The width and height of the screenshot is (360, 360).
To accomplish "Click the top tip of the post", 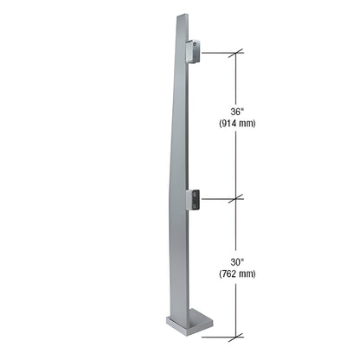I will point(179,15).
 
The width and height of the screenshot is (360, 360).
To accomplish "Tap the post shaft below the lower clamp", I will point(179,260).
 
